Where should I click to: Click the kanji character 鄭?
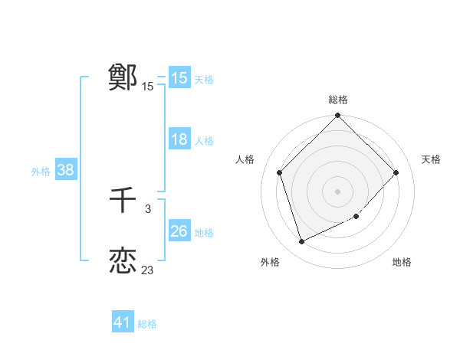tap(123, 77)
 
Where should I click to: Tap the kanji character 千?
tap(123, 201)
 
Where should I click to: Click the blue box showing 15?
tap(179, 78)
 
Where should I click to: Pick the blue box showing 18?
tap(179, 139)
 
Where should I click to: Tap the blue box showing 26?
tap(179, 231)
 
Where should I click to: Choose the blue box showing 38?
tap(65, 170)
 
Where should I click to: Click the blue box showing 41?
tap(123, 322)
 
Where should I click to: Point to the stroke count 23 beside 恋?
tap(147, 270)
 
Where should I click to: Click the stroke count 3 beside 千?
tap(147, 209)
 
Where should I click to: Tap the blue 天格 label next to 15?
tap(204, 79)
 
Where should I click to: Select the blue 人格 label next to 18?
tap(204, 141)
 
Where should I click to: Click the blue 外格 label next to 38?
tap(41, 172)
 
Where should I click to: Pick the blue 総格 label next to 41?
tap(147, 324)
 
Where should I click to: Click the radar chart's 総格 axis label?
tap(338, 100)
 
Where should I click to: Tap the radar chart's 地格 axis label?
tap(402, 262)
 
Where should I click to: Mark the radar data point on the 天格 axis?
tap(396, 172)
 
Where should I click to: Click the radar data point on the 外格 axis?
tap(302, 242)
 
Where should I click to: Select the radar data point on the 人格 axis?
tap(280, 172)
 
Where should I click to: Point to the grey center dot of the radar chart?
tap(338, 191)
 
